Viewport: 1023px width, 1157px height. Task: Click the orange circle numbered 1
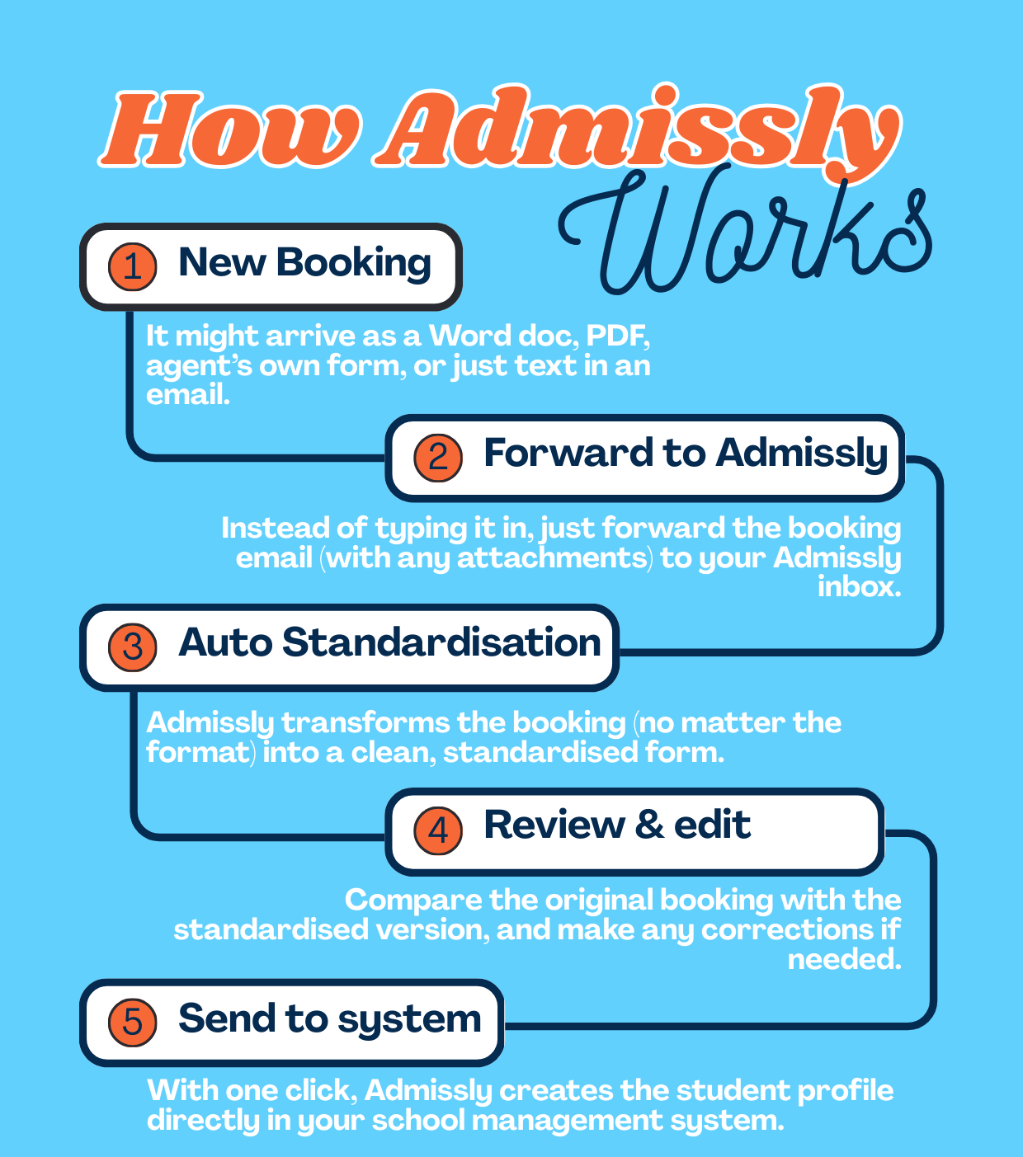coord(133,266)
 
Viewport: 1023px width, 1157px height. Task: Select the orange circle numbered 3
coord(133,647)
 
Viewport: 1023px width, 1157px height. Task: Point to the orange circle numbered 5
coord(133,1023)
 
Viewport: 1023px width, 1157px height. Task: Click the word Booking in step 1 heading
coord(353,263)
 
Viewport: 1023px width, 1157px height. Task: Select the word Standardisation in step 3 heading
coord(441,642)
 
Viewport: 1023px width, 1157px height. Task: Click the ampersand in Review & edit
coord(649,825)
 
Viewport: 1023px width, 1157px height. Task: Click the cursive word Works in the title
coord(742,231)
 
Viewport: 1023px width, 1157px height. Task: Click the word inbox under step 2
coord(859,587)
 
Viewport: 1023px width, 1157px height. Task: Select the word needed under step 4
coord(843,959)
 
